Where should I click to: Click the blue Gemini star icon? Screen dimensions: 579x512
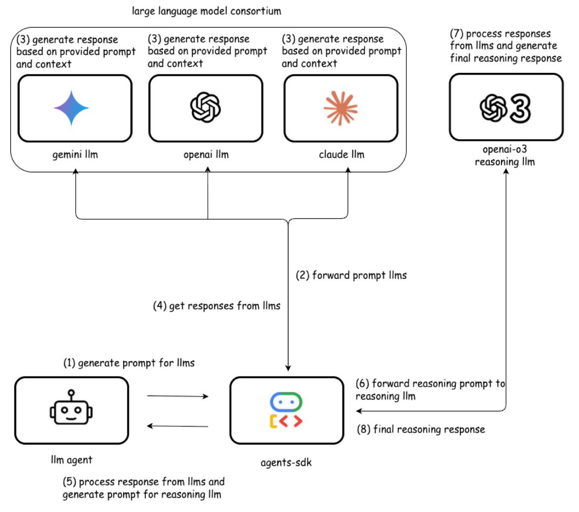tap(71, 108)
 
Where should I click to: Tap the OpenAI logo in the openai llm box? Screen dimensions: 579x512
tap(205, 107)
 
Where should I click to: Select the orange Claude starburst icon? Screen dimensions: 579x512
tap(340, 108)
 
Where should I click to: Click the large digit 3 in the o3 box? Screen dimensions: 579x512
tap(521, 109)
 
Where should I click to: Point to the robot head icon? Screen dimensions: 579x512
tap(71, 407)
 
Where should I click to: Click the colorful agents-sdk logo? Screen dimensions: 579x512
tap(286, 410)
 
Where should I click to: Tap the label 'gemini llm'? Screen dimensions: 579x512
tap(75, 154)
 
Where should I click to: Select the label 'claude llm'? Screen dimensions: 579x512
tap(342, 154)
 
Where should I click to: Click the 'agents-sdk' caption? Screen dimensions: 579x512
tap(286, 463)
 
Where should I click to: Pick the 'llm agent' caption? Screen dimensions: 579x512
tap(71, 460)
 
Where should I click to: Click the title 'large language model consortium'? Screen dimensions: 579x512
tap(207, 11)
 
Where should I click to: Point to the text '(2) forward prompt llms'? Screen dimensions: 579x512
tap(351, 275)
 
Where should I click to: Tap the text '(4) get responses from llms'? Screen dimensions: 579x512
tap(217, 306)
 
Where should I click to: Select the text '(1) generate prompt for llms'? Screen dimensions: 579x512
tap(129, 363)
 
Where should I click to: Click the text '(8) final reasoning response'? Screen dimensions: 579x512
tap(421, 429)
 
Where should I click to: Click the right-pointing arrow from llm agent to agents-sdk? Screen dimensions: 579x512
tap(178, 396)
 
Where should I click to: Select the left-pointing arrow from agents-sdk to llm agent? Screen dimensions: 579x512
tap(178, 426)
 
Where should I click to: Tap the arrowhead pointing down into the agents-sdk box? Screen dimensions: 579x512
tap(288, 368)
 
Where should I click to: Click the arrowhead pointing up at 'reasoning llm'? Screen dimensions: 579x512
tap(506, 171)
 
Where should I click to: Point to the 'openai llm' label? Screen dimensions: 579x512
tap(206, 154)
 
